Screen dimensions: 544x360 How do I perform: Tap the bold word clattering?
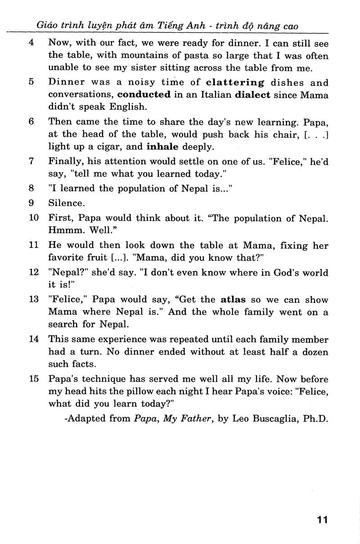tap(235, 82)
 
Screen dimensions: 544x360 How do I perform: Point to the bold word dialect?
tap(253, 94)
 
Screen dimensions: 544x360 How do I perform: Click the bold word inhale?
tap(162, 147)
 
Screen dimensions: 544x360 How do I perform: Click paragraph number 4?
tap(31, 44)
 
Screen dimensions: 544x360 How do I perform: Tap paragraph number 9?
tap(31, 202)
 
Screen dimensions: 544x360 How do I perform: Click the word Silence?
tap(67, 202)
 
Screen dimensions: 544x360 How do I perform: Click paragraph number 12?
tap(34, 273)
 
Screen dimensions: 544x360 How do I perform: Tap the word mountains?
tap(134, 56)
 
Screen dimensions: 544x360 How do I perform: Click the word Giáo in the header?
tap(46, 27)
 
